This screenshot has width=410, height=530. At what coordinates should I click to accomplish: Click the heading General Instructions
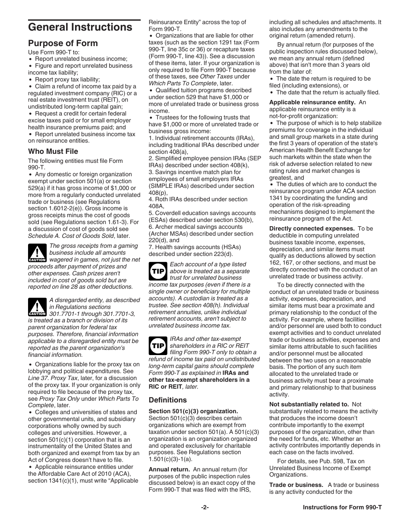point(80,27)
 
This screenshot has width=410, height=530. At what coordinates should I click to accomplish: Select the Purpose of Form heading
point(63,43)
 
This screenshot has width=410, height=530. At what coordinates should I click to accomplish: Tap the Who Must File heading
point(53,151)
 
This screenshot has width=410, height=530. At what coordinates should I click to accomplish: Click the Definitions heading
point(168,400)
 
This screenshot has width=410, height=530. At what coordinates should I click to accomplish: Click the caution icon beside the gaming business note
point(37,253)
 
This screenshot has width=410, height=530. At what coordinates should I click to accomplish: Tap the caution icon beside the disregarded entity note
point(37,307)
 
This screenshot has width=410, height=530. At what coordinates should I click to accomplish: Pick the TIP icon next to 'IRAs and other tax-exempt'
point(158,346)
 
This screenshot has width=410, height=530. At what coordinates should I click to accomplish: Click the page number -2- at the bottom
point(205,508)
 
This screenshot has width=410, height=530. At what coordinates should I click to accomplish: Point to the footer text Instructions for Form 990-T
point(342,508)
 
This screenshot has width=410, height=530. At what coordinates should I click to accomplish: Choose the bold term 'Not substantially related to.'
point(309,404)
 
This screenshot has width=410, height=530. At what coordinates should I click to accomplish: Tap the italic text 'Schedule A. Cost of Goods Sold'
point(72,236)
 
